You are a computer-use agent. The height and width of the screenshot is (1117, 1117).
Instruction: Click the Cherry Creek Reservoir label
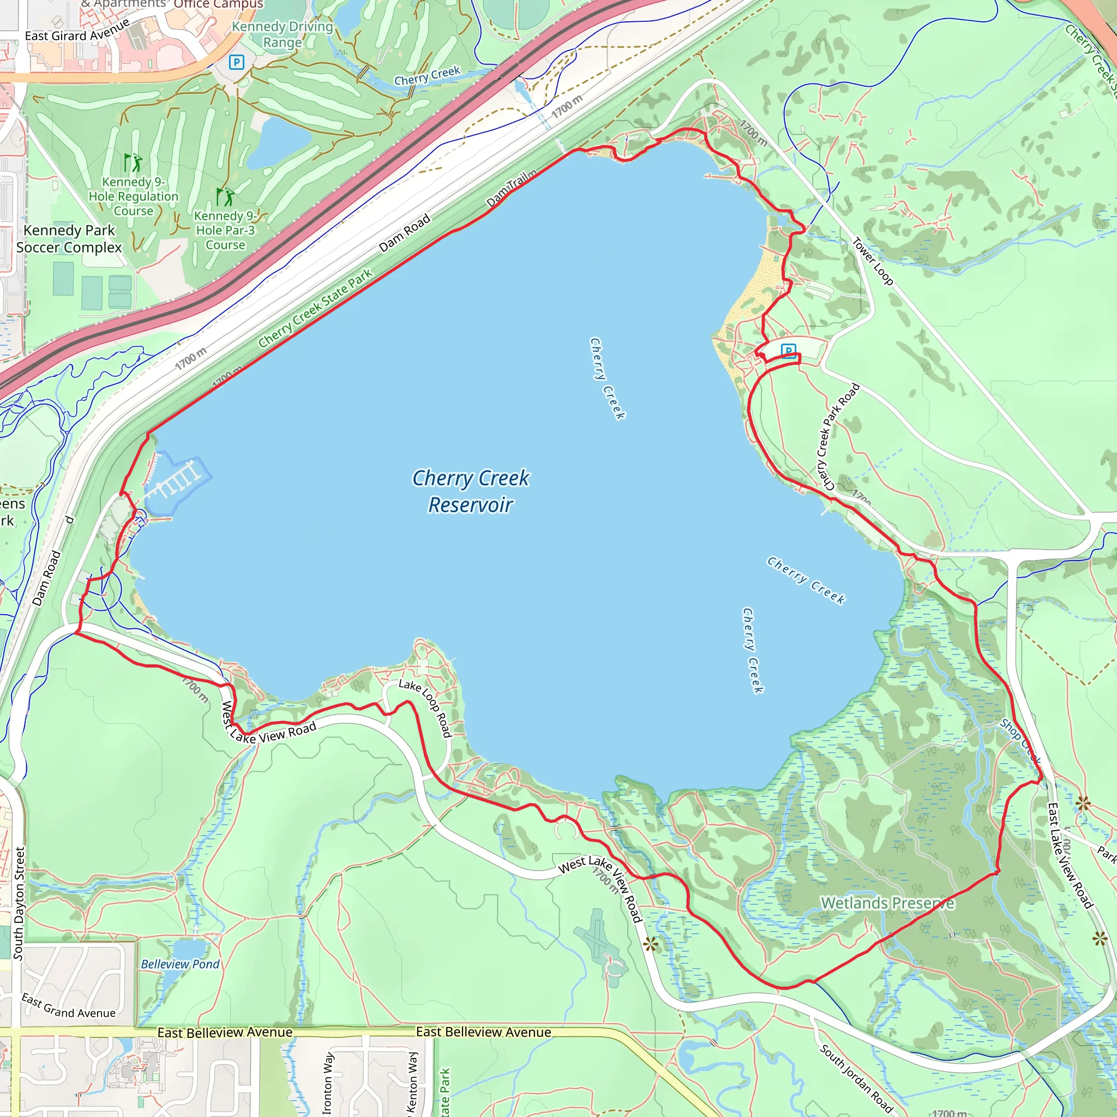tap(470, 491)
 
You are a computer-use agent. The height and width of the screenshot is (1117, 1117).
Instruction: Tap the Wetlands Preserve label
tap(887, 903)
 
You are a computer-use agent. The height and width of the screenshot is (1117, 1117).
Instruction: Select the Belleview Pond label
tap(181, 964)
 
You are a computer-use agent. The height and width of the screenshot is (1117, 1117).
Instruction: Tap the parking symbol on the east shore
tap(788, 350)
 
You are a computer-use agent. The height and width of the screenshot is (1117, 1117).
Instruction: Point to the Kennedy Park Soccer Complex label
tap(69, 239)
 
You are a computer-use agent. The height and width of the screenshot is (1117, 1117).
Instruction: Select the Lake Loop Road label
tap(425, 708)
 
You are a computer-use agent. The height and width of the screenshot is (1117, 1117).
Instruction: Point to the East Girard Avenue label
tap(77, 31)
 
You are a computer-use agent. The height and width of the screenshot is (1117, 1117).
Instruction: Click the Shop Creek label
tap(1020, 741)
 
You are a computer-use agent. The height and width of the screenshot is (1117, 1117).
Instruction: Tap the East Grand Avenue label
tap(68, 1005)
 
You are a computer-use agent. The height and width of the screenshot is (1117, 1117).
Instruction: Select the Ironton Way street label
tap(328, 1083)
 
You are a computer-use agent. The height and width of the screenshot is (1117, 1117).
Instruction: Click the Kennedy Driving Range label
tap(282, 34)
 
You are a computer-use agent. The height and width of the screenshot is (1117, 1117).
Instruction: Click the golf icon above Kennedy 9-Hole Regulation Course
tap(133, 162)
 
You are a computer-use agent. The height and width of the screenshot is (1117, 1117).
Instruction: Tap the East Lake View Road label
tap(1070, 856)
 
